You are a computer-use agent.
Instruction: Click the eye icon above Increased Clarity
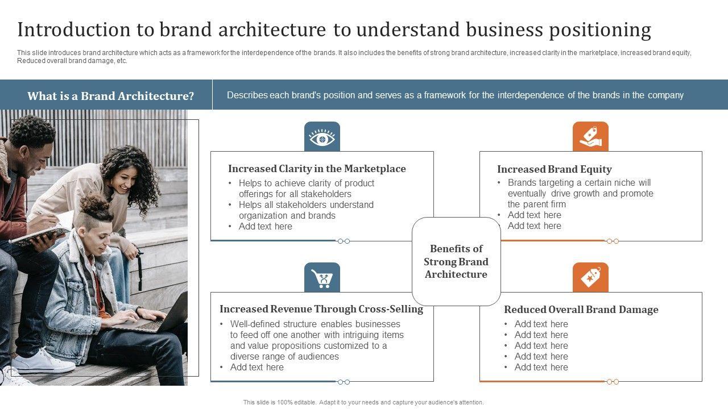click(x=322, y=137)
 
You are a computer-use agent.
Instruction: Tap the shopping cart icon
click(x=322, y=278)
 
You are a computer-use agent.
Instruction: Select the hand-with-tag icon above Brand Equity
click(x=590, y=137)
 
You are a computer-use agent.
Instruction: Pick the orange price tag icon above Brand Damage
click(x=590, y=278)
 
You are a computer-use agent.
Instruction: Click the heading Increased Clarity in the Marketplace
click(x=317, y=169)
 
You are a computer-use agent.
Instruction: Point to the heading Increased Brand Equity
click(x=554, y=169)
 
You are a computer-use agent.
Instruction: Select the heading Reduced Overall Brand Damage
click(x=581, y=310)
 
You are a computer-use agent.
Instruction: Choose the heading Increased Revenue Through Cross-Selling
click(x=321, y=309)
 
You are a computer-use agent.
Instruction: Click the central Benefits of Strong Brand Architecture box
click(x=456, y=261)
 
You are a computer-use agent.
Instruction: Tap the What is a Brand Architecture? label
click(x=110, y=96)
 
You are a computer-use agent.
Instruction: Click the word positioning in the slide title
click(x=600, y=30)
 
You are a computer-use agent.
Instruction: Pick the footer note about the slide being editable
click(x=363, y=402)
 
